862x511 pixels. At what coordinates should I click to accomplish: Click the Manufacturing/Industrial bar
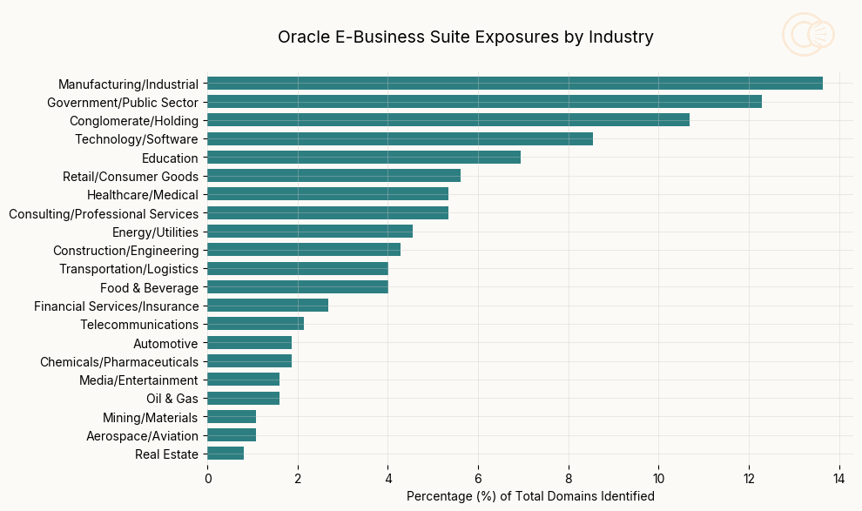pyautogui.click(x=515, y=84)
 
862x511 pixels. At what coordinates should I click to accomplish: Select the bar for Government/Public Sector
pyautogui.click(x=484, y=102)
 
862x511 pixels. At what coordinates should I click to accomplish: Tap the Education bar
pyautogui.click(x=364, y=158)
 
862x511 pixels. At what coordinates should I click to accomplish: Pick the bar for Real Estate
pyautogui.click(x=226, y=454)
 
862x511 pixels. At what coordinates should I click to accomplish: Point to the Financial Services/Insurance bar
pyautogui.click(x=267, y=306)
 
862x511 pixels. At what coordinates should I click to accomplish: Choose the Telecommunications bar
pyautogui.click(x=255, y=324)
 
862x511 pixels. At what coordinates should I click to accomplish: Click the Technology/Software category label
pyautogui.click(x=136, y=139)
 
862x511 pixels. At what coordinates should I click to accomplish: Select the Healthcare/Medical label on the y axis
pyautogui.click(x=142, y=195)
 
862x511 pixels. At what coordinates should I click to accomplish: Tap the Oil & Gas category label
pyautogui.click(x=172, y=399)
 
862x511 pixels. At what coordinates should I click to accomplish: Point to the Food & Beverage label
pyautogui.click(x=149, y=287)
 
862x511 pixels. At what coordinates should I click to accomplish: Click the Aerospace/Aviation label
pyautogui.click(x=142, y=435)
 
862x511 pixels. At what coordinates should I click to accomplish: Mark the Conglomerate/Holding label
pyautogui.click(x=133, y=121)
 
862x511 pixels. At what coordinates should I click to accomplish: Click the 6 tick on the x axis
pyautogui.click(x=478, y=478)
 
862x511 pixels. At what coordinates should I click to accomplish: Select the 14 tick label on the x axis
pyautogui.click(x=839, y=478)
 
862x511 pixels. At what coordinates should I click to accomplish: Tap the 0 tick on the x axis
pyautogui.click(x=207, y=478)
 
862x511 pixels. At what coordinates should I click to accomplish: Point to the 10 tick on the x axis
pyautogui.click(x=658, y=478)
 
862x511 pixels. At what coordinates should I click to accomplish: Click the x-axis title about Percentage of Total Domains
pyautogui.click(x=530, y=496)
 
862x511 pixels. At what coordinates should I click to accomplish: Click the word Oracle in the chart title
pyautogui.click(x=300, y=37)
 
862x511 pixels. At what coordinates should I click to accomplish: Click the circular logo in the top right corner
pyautogui.click(x=807, y=35)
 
